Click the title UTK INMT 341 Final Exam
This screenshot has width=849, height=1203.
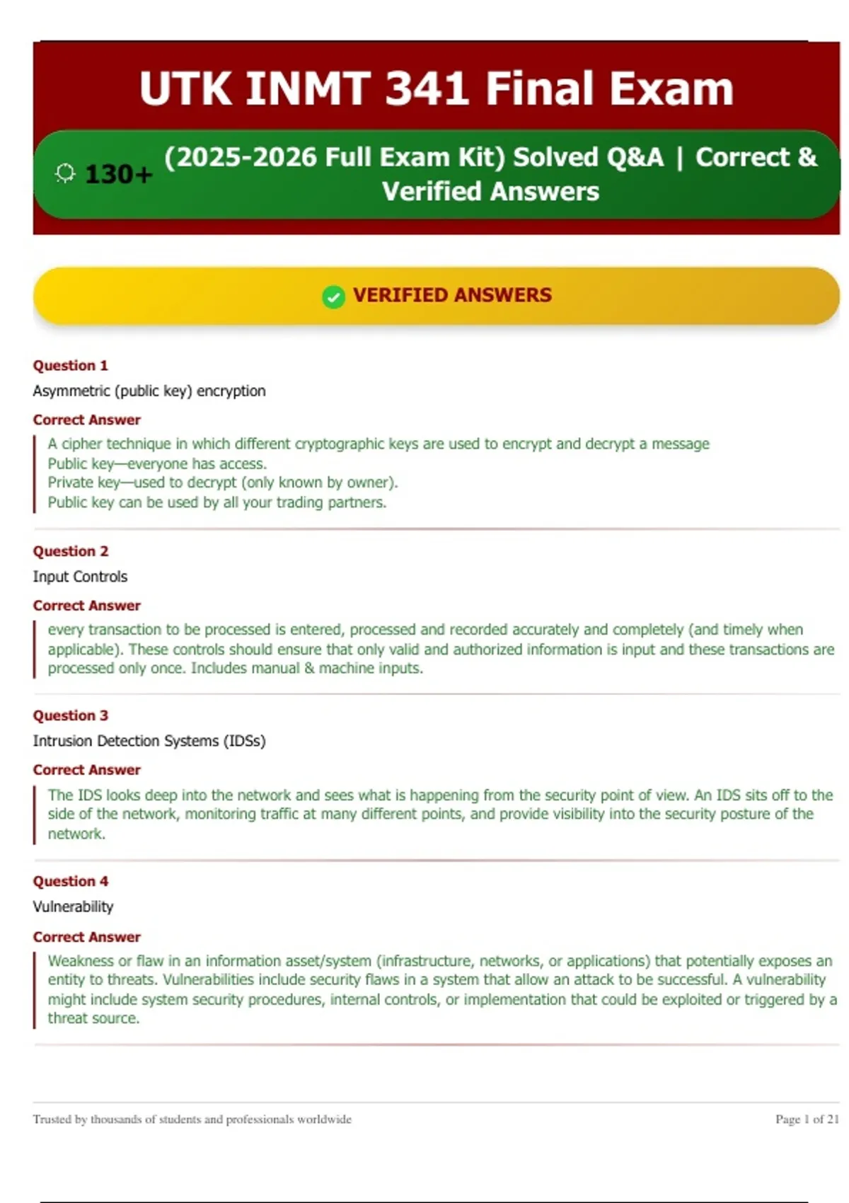coord(436,88)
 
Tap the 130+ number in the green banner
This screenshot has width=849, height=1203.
coord(118,174)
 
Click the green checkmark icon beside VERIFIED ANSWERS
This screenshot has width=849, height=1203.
coord(333,297)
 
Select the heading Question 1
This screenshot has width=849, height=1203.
coord(70,365)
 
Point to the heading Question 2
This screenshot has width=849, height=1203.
coord(70,551)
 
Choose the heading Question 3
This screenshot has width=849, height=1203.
coord(70,715)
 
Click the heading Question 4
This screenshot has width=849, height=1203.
coord(70,881)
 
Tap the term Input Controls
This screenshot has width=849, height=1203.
coord(80,577)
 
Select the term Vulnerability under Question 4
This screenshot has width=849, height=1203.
coord(73,906)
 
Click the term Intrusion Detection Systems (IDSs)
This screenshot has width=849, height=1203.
coord(149,741)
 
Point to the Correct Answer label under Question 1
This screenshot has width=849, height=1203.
coord(86,420)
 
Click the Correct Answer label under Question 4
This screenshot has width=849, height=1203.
coord(86,937)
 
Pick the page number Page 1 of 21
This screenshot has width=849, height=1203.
coord(807,1119)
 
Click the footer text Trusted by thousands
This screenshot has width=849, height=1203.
coord(192,1119)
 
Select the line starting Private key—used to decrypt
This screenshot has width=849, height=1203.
coord(223,483)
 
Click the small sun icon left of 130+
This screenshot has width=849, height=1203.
coord(65,173)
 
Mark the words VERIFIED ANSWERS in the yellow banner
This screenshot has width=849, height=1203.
coord(452,295)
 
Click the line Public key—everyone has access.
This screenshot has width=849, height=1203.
coord(157,464)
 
